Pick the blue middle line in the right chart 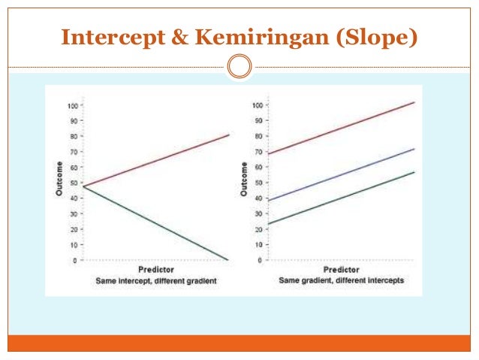pyautogui.click(x=345, y=173)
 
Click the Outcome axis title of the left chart pyautogui.click(x=59, y=181)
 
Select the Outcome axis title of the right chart pyautogui.click(x=244, y=181)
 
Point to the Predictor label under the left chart pyautogui.click(x=156, y=269)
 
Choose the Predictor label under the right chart pyautogui.click(x=342, y=269)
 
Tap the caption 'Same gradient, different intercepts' pyautogui.click(x=342, y=280)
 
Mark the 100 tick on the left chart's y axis pyautogui.click(x=71, y=105)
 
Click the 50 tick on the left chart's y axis pyautogui.click(x=73, y=183)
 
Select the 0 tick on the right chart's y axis pyautogui.click(x=260, y=260)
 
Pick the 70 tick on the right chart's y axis pyautogui.click(x=258, y=152)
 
